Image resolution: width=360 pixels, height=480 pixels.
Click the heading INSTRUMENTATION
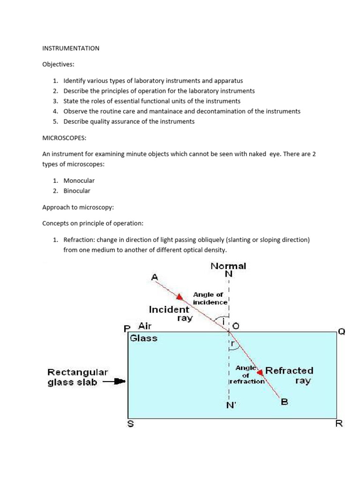71,48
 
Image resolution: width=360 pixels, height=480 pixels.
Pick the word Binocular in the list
77,191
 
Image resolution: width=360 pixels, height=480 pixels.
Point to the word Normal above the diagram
228,266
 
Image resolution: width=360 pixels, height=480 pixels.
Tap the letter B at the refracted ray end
284,401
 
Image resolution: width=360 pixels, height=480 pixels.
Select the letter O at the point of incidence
236,325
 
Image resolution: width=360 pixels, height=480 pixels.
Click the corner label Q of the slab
341,331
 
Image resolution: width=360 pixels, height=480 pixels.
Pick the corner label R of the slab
339,424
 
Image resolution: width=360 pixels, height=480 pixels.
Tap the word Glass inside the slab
143,338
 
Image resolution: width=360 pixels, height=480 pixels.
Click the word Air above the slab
145,326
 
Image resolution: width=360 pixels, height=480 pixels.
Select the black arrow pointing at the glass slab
115,382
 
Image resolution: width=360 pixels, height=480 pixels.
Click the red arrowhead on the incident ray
180,296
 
